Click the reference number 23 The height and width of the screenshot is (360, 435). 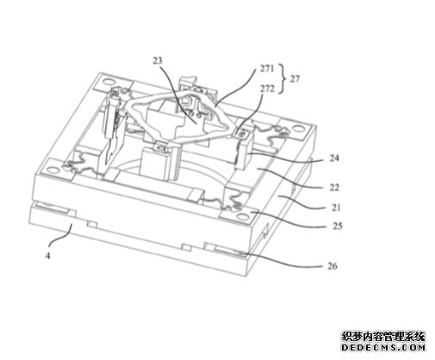pyautogui.click(x=158, y=60)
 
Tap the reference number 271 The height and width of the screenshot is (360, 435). pyautogui.click(x=267, y=69)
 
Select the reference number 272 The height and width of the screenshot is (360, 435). pyautogui.click(x=267, y=89)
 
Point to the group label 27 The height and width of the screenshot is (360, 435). pyautogui.click(x=295, y=78)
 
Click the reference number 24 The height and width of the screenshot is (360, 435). pyautogui.click(x=334, y=158)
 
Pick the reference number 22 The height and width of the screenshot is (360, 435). pyautogui.click(x=334, y=188)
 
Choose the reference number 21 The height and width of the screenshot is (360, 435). pyautogui.click(x=336, y=208)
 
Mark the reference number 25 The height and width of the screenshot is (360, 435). pyautogui.click(x=338, y=226)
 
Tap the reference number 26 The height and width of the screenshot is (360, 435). pyautogui.click(x=332, y=266)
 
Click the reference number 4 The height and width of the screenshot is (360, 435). pyautogui.click(x=47, y=255)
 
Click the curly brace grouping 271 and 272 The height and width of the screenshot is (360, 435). pyautogui.click(x=283, y=78)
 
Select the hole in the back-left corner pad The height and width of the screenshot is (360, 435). pyautogui.click(x=109, y=82)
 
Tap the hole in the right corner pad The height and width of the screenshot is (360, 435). pyautogui.click(x=299, y=128)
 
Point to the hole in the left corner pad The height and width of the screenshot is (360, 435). pyautogui.click(x=53, y=170)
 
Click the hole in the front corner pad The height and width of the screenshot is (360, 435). pyautogui.click(x=240, y=215)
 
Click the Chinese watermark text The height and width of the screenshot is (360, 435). pyautogui.click(x=383, y=336)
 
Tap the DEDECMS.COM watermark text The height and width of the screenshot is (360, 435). pyautogui.click(x=383, y=347)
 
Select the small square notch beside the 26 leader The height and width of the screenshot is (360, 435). pyautogui.click(x=188, y=247)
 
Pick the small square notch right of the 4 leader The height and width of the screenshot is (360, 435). pyautogui.click(x=92, y=224)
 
